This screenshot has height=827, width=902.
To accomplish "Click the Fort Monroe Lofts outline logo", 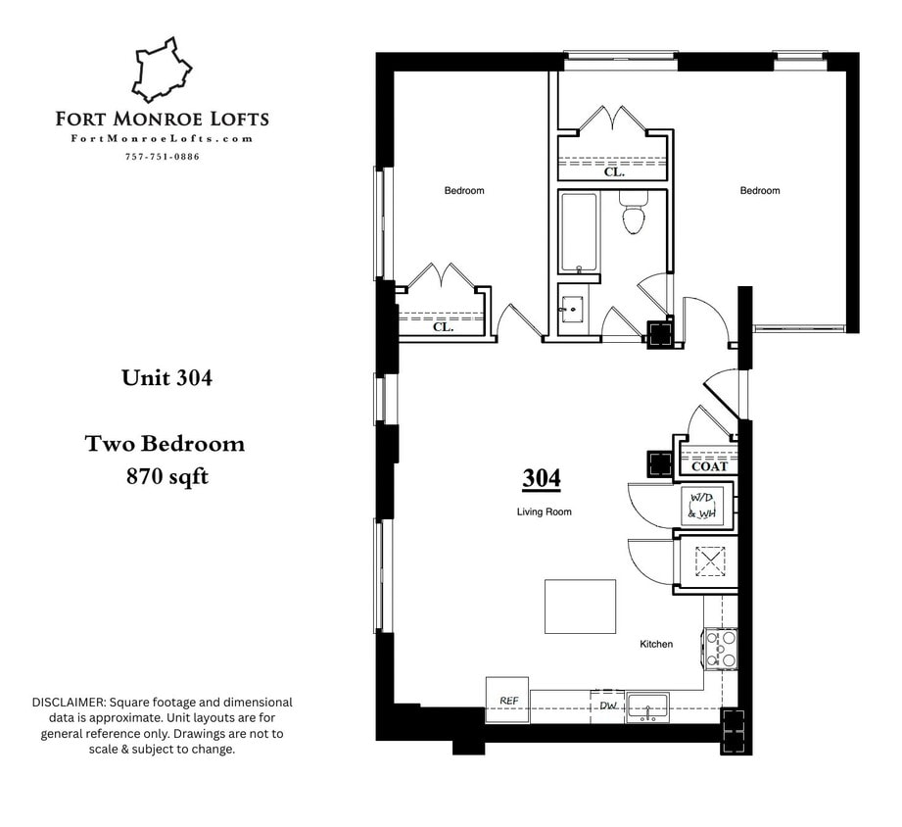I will [x=163, y=71].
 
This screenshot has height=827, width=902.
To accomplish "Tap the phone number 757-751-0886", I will [x=163, y=157].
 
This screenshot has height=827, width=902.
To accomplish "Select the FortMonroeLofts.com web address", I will [x=163, y=139].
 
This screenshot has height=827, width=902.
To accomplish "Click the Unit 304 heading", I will [x=166, y=378].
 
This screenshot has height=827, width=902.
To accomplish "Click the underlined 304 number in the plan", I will [x=541, y=478].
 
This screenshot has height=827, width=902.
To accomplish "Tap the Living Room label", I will [x=545, y=512].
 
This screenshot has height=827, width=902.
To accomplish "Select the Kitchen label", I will [x=656, y=644].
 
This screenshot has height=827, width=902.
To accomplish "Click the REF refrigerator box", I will [x=507, y=701].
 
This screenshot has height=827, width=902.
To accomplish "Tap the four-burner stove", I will [x=722, y=649].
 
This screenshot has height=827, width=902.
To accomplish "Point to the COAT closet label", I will [x=709, y=466].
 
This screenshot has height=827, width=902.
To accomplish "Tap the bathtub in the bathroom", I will [x=578, y=232].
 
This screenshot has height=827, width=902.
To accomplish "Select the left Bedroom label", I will [x=464, y=190].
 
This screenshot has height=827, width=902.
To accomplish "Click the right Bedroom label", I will [x=759, y=190].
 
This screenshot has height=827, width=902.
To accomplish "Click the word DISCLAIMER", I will [x=69, y=703].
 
